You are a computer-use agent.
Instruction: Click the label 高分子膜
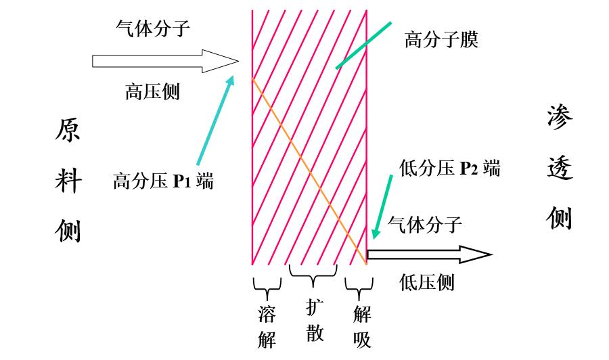441,40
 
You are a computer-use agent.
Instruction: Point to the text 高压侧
152,91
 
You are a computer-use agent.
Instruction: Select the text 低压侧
426,282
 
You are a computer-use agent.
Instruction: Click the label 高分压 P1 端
163,181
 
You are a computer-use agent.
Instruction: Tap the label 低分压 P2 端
450,168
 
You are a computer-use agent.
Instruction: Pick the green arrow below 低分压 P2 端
382,206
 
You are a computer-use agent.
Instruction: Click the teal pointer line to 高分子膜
363,45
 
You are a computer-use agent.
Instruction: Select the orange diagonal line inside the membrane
308,168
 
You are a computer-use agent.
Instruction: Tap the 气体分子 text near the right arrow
425,224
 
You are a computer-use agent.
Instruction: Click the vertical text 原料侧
68,181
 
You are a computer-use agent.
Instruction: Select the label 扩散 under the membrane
314,319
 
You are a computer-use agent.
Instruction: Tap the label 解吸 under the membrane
362,326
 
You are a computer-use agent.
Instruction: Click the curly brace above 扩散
313,274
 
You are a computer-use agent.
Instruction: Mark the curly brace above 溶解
267,288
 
